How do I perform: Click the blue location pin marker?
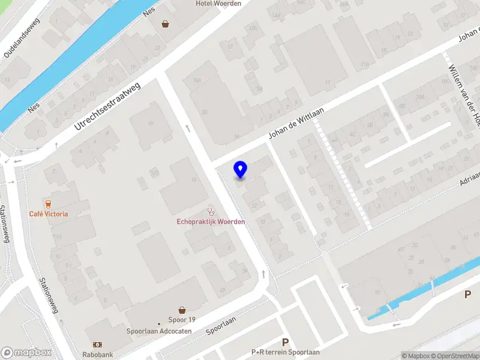point(240,170)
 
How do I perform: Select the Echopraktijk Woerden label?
point(211,222)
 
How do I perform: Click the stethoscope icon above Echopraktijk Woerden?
point(211,211)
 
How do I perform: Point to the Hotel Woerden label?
point(218,4)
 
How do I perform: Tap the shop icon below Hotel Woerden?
point(166,25)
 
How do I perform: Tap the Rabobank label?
point(98,355)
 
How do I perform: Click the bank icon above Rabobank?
point(97,345)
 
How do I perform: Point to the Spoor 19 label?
point(182,320)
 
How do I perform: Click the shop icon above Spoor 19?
point(182,310)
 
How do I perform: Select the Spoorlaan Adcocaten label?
point(159,331)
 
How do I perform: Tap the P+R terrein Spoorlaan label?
point(286,352)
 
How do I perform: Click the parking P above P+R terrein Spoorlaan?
point(286,342)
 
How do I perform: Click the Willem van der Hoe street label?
point(466,96)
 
